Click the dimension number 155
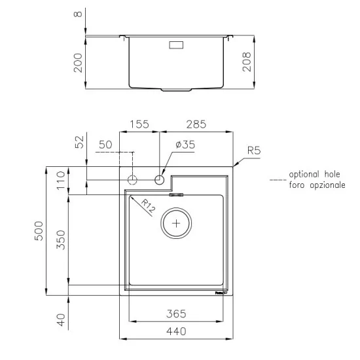click(139, 122)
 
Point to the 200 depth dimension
click(79, 63)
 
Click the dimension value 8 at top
click(79, 14)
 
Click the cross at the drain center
click(176, 223)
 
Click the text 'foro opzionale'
click(317, 186)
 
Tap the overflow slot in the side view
click(177, 46)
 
